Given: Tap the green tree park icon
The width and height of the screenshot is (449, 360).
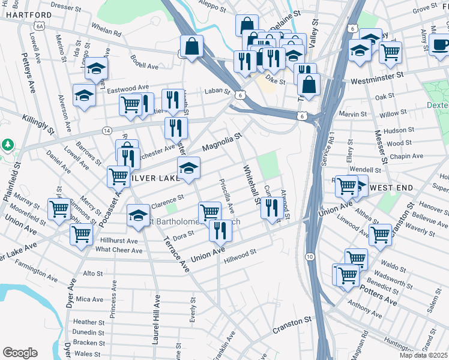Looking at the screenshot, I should click(7, 145).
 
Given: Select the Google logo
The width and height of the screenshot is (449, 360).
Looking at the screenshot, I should click(20, 353).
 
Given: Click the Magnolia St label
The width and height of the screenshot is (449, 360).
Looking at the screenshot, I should click(221, 143).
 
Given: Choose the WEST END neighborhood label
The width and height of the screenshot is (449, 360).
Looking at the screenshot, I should click(391, 188).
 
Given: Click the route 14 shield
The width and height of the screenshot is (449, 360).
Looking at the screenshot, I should click(107, 130).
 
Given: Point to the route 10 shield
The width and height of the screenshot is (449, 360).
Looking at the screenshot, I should click(309, 257).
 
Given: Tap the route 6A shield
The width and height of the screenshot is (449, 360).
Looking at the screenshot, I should click(40, 26).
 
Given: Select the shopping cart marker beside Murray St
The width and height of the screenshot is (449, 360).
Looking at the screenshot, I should click(59, 209).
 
